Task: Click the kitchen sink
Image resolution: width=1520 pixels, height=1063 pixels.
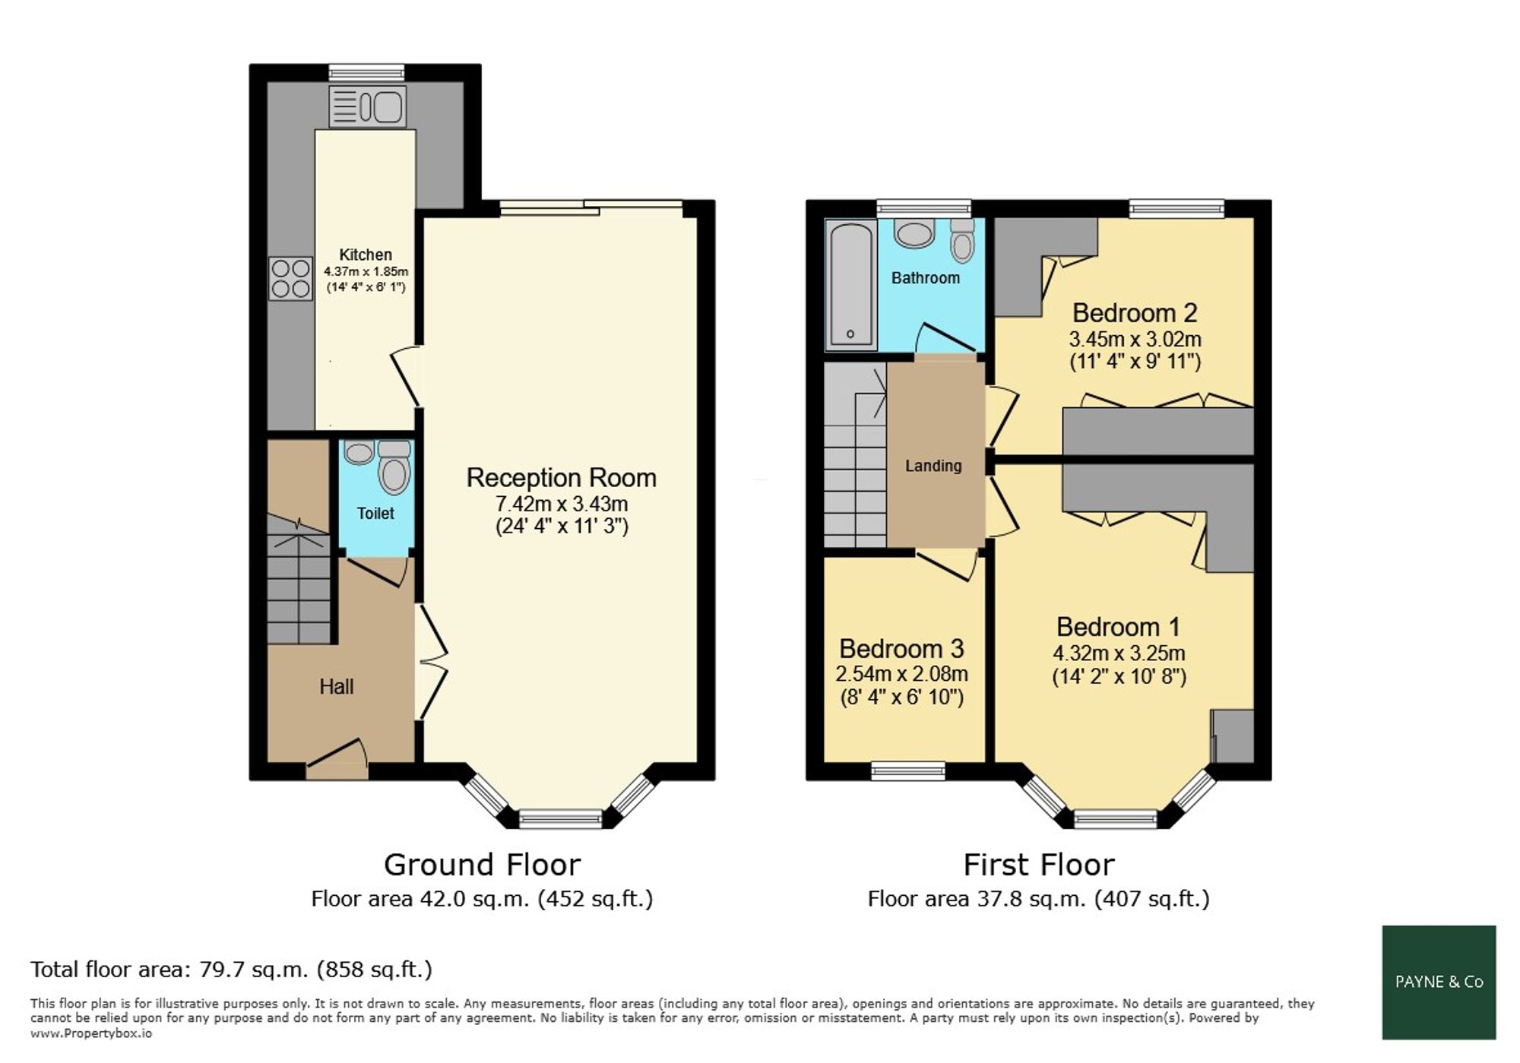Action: pyautogui.click(x=368, y=106)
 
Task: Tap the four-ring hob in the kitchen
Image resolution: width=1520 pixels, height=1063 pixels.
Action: pyautogui.click(x=290, y=279)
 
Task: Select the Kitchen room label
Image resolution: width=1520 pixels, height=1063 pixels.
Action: pyautogui.click(x=366, y=255)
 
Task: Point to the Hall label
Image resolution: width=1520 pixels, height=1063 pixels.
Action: pyautogui.click(x=337, y=687)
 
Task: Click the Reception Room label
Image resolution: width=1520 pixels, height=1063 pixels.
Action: pyautogui.click(x=562, y=478)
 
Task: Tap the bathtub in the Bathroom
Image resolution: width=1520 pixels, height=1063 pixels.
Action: pyautogui.click(x=850, y=284)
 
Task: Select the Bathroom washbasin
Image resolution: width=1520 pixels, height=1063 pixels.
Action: pyautogui.click(x=914, y=233)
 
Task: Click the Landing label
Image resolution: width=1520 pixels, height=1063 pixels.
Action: pyautogui.click(x=933, y=466)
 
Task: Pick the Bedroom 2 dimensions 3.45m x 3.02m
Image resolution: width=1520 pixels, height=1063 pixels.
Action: pyautogui.click(x=1135, y=339)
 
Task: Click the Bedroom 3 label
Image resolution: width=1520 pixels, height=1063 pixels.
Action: pyautogui.click(x=901, y=649)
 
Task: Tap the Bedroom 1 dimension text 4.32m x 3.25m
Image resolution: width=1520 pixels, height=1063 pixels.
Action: pyautogui.click(x=1119, y=653)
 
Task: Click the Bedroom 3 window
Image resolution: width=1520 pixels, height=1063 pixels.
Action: pyautogui.click(x=908, y=771)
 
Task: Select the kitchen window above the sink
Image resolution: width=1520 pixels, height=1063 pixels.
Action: pyautogui.click(x=367, y=73)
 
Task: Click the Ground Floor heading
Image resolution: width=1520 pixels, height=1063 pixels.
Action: pyautogui.click(x=482, y=865)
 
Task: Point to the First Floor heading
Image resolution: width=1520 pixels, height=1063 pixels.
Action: pyautogui.click(x=1039, y=865)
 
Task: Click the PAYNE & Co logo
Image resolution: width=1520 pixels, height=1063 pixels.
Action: pyautogui.click(x=1439, y=982)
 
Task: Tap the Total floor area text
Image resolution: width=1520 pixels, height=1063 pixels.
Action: pyautogui.click(x=231, y=970)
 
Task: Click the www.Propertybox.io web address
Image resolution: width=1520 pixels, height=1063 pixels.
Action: pyautogui.click(x=91, y=1033)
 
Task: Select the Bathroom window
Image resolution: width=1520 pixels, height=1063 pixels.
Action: pyautogui.click(x=924, y=208)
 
